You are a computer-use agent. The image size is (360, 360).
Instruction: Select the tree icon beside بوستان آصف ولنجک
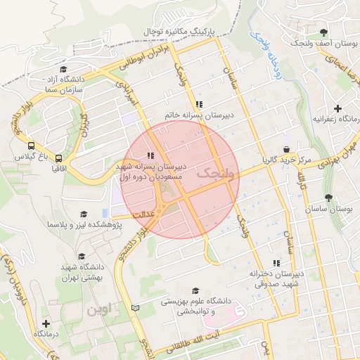coord(323,32)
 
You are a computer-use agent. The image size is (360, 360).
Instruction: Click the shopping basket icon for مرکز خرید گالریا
coord(286,149)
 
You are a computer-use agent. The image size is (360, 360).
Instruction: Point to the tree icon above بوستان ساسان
coord(328,198)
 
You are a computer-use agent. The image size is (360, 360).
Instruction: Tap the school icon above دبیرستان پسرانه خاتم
coord(201,103)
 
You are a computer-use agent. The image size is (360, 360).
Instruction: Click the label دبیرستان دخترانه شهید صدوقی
coord(277,278)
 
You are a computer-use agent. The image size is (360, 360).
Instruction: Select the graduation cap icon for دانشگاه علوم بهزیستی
coord(195,290)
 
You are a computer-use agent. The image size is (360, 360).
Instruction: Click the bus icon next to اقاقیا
coord(59,159)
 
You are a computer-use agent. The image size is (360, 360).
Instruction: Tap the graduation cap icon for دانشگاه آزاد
coord(64,70)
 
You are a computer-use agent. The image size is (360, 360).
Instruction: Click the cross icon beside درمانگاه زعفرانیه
coord(338,108)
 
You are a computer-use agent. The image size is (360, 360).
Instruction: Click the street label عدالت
coord(123,215)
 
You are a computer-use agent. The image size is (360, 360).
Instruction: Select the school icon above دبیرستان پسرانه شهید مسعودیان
coord(150,155)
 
